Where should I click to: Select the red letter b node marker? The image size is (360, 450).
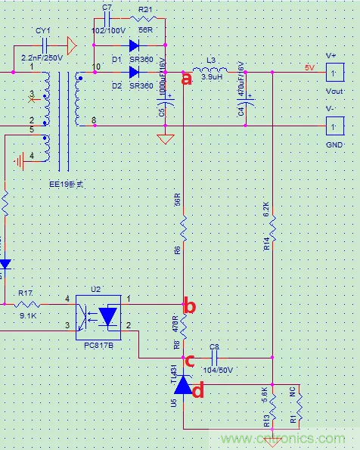click(191, 306)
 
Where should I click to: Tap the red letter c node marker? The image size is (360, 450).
click(191, 361)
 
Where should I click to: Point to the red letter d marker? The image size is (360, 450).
click(198, 390)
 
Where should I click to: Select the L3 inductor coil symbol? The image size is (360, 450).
click(211, 73)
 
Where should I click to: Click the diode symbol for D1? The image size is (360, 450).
click(135, 45)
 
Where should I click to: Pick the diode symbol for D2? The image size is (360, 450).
click(135, 73)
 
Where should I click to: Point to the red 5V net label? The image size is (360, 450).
click(309, 67)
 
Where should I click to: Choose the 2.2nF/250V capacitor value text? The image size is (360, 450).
click(42, 58)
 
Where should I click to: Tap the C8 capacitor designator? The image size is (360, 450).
click(214, 347)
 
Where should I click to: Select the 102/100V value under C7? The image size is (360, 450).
click(108, 32)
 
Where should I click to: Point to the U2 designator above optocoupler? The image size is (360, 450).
click(95, 289)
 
